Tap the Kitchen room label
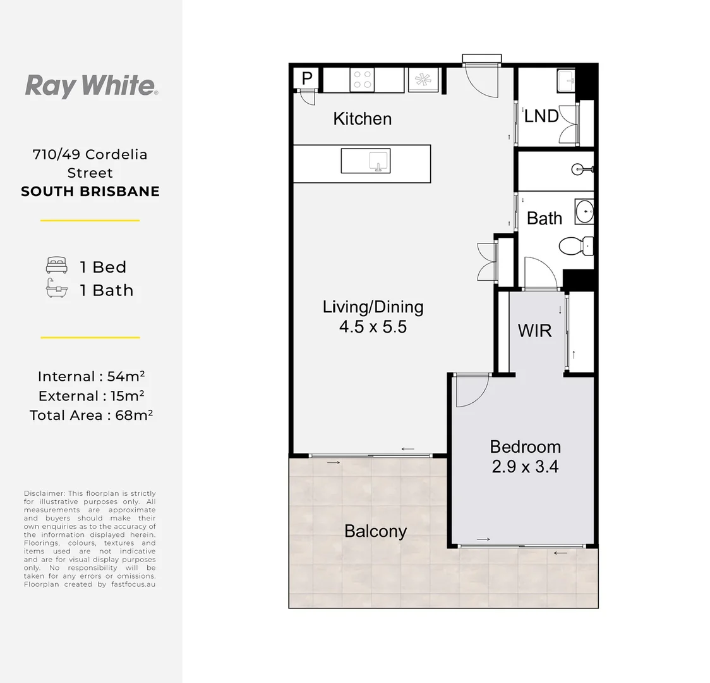pyautogui.click(x=362, y=119)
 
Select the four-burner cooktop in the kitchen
pyautogui.click(x=362, y=80)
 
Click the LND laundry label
pyautogui.click(x=541, y=116)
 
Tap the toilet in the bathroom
pyautogui.click(x=575, y=246)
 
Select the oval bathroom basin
pyautogui.click(x=584, y=211)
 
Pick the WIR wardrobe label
pyautogui.click(x=535, y=331)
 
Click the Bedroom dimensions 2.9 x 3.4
pyautogui.click(x=526, y=466)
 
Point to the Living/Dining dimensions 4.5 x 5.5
pyautogui.click(x=373, y=327)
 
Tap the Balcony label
pyautogui.click(x=375, y=531)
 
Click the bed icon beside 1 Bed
pyautogui.click(x=57, y=265)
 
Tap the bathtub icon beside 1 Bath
pyautogui.click(x=57, y=288)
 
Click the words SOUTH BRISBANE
pyautogui.click(x=90, y=191)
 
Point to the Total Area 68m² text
pyautogui.click(x=91, y=415)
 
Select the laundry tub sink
pyautogui.click(x=566, y=80)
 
